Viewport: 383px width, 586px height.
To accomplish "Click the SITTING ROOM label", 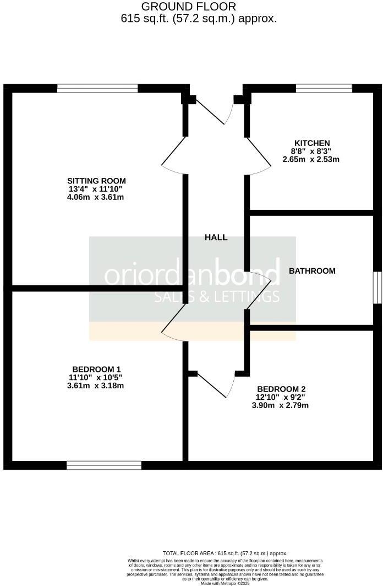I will pos(96,181).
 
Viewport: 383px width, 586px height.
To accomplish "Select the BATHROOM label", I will pos(312,271).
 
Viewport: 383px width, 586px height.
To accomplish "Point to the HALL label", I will pos(216,237).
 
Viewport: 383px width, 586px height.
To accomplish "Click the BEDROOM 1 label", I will pos(96,369).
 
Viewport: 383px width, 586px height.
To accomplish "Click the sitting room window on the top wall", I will pos(97,88).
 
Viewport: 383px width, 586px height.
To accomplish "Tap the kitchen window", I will pos(324,88).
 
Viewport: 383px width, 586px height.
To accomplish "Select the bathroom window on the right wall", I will pos(377,287).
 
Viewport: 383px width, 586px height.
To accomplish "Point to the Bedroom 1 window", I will pos(104,465).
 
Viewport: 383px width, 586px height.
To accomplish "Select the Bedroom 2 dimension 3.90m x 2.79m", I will pos(281,405).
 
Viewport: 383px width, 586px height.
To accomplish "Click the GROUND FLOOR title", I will pos(189,7).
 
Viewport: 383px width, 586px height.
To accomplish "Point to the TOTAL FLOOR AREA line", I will pos(225,553).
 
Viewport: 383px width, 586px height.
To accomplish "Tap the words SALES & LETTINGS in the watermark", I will pos(216,297).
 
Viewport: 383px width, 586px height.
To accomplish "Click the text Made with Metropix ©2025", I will pos(225,583).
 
